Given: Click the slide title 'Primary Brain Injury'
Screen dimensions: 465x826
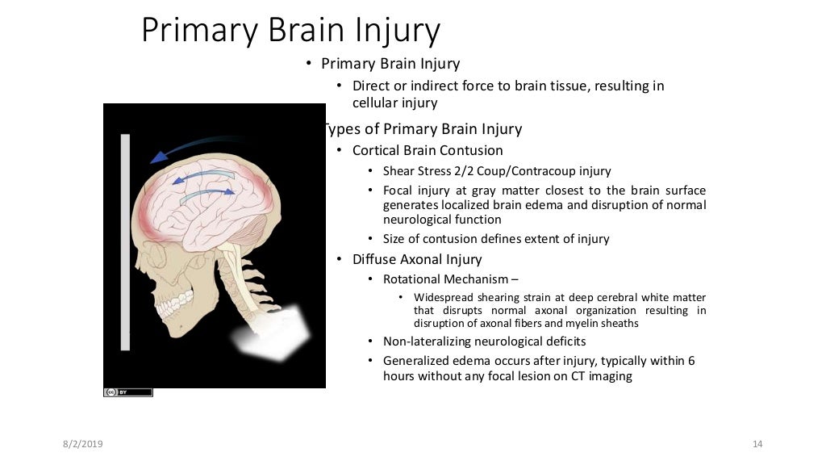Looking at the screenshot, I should click(x=290, y=31).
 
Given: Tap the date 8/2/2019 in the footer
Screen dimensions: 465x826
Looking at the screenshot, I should click(x=82, y=444).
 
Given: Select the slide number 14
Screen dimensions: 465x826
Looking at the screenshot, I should click(x=757, y=444).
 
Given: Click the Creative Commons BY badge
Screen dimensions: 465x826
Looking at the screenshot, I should click(x=127, y=392).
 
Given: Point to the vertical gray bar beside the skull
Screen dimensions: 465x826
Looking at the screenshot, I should click(x=125, y=242).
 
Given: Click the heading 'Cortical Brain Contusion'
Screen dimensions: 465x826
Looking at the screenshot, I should click(x=428, y=150).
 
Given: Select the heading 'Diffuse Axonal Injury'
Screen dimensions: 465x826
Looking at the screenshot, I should click(x=417, y=259).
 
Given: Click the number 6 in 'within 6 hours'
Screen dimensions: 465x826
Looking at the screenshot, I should click(x=691, y=361).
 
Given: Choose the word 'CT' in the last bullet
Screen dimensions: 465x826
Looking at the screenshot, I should click(x=574, y=375).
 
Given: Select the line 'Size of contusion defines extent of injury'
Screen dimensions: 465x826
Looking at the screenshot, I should click(x=496, y=239).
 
